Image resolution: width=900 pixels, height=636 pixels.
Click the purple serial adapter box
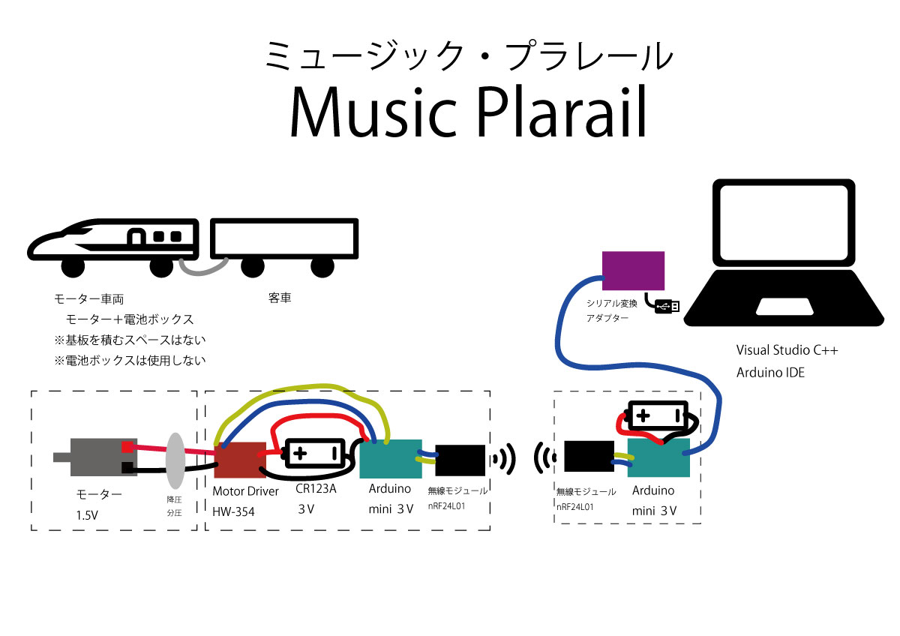634,270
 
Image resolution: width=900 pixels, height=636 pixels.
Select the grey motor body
94,456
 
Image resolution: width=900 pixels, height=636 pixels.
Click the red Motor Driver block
236,460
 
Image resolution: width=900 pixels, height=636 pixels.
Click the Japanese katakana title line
469,57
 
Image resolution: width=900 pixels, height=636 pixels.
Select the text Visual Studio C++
787,350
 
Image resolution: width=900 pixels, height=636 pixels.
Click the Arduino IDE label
770,372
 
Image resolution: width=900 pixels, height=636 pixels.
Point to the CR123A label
315,490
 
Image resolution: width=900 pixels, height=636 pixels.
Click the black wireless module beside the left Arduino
460,460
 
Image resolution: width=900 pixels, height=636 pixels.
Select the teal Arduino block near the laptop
658,457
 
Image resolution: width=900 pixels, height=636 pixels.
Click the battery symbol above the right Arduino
657,415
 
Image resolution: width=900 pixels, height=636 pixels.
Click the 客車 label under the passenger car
280,298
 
